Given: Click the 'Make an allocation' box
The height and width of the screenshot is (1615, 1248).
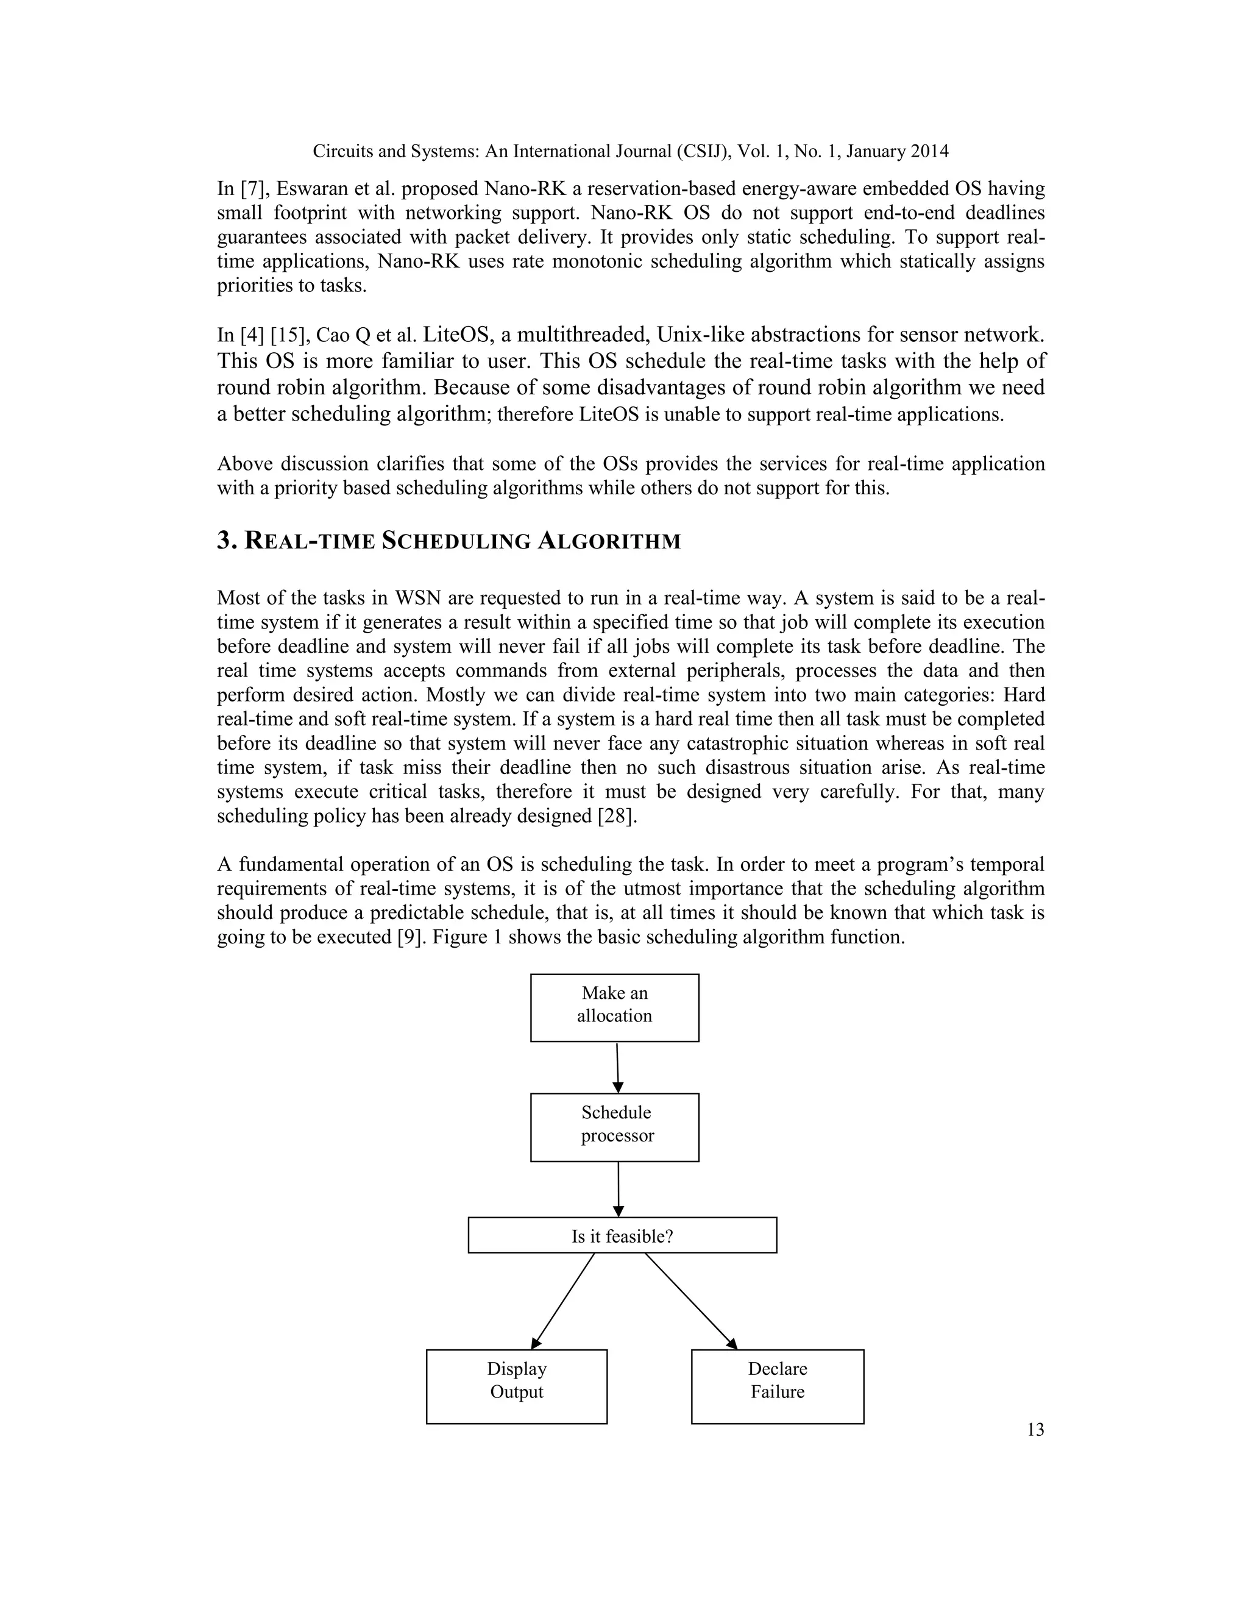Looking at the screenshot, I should [614, 1007].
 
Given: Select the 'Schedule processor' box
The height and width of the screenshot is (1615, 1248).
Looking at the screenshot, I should [614, 1127].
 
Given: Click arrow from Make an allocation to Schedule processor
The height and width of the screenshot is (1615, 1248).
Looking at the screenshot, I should [617, 1067].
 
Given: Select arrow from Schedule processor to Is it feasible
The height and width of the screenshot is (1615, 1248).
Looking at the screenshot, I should [618, 1189].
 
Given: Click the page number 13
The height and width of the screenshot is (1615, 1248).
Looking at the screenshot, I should [1035, 1429].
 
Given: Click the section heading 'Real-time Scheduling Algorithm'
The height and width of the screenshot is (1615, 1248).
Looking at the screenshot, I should [448, 541].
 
